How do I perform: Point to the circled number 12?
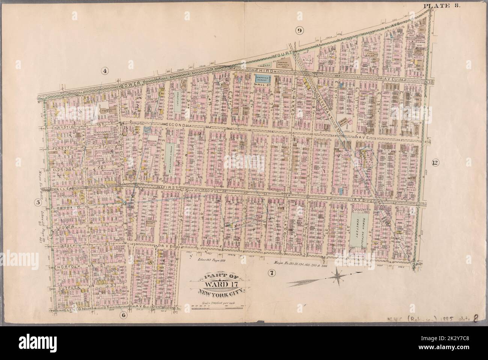pos(435,163)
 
